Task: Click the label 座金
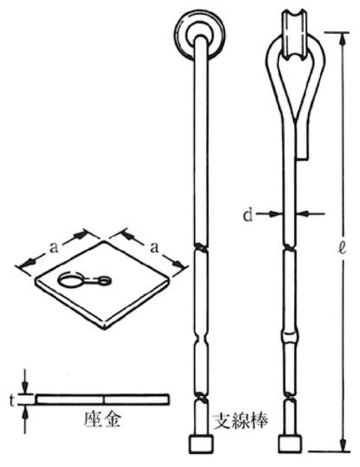(x=101, y=419)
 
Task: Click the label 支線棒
(x=241, y=420)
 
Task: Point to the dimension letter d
(x=247, y=215)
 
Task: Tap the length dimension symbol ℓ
(x=343, y=248)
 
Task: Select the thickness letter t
(x=11, y=401)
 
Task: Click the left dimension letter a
(x=54, y=248)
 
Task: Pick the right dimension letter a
(x=154, y=247)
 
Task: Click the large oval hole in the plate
(x=70, y=280)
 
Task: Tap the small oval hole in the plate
(x=104, y=279)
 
